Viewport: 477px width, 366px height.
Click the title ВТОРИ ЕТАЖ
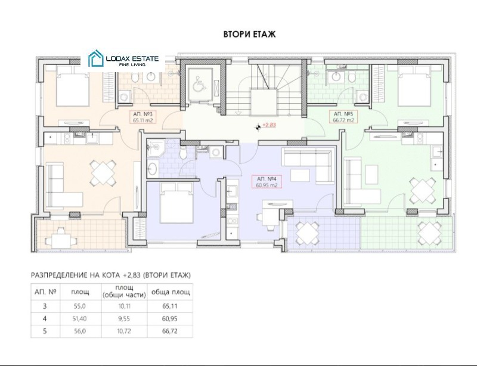coord(249,34)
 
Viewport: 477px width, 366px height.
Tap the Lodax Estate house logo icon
coord(95,58)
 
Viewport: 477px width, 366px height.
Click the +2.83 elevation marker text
coord(269,125)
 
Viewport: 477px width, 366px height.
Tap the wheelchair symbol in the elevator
coord(199,83)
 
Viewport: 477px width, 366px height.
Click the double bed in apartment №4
coord(176,203)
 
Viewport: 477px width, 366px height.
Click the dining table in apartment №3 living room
coord(103,173)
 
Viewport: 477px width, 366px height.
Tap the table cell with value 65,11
coord(170,306)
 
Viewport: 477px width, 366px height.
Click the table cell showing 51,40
coord(80,319)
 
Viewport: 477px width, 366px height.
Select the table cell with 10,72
coord(124,331)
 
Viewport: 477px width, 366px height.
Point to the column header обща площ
coord(171,292)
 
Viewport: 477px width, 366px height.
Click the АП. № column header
coord(46,291)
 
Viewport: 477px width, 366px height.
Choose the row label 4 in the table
coord(45,319)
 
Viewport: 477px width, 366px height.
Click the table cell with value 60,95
coord(170,319)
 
